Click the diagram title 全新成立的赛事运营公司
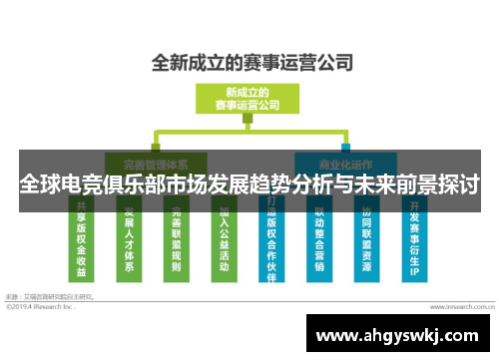click(x=251, y=62)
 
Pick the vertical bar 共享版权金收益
click(x=81, y=239)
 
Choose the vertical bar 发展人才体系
click(x=128, y=239)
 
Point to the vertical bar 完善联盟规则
click(x=176, y=239)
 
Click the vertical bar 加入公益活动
click(x=224, y=239)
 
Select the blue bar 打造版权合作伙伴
click(x=272, y=239)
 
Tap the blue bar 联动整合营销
click(x=319, y=239)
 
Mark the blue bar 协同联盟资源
click(x=367, y=239)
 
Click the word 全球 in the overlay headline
click(x=36, y=185)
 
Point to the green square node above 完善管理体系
click(x=154, y=133)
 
